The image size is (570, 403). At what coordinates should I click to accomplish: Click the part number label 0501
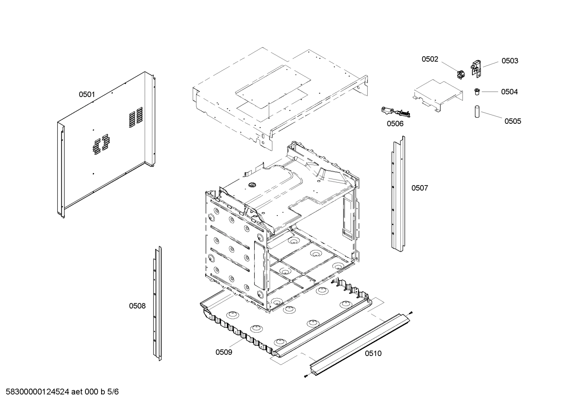click(87, 94)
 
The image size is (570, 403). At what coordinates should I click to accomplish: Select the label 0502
click(430, 59)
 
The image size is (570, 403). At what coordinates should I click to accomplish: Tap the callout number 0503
click(510, 61)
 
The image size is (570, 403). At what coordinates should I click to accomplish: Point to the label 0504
click(509, 92)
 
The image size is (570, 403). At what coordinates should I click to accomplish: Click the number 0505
click(512, 121)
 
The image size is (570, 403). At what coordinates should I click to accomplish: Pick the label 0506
click(395, 124)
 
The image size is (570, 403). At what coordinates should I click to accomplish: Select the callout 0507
click(419, 188)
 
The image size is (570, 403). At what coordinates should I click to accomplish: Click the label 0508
click(137, 306)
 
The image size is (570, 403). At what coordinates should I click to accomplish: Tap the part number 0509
click(224, 352)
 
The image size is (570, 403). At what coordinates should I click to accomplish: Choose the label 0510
click(373, 353)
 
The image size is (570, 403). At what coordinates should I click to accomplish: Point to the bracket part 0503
click(476, 68)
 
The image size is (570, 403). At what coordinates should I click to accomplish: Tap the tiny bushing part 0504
click(477, 92)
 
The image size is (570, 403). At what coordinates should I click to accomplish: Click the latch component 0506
click(395, 112)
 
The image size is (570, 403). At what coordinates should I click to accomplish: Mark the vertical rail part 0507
click(398, 194)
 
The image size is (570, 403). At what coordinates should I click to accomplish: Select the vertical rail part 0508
click(157, 305)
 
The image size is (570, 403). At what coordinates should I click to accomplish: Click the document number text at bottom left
click(60, 392)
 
